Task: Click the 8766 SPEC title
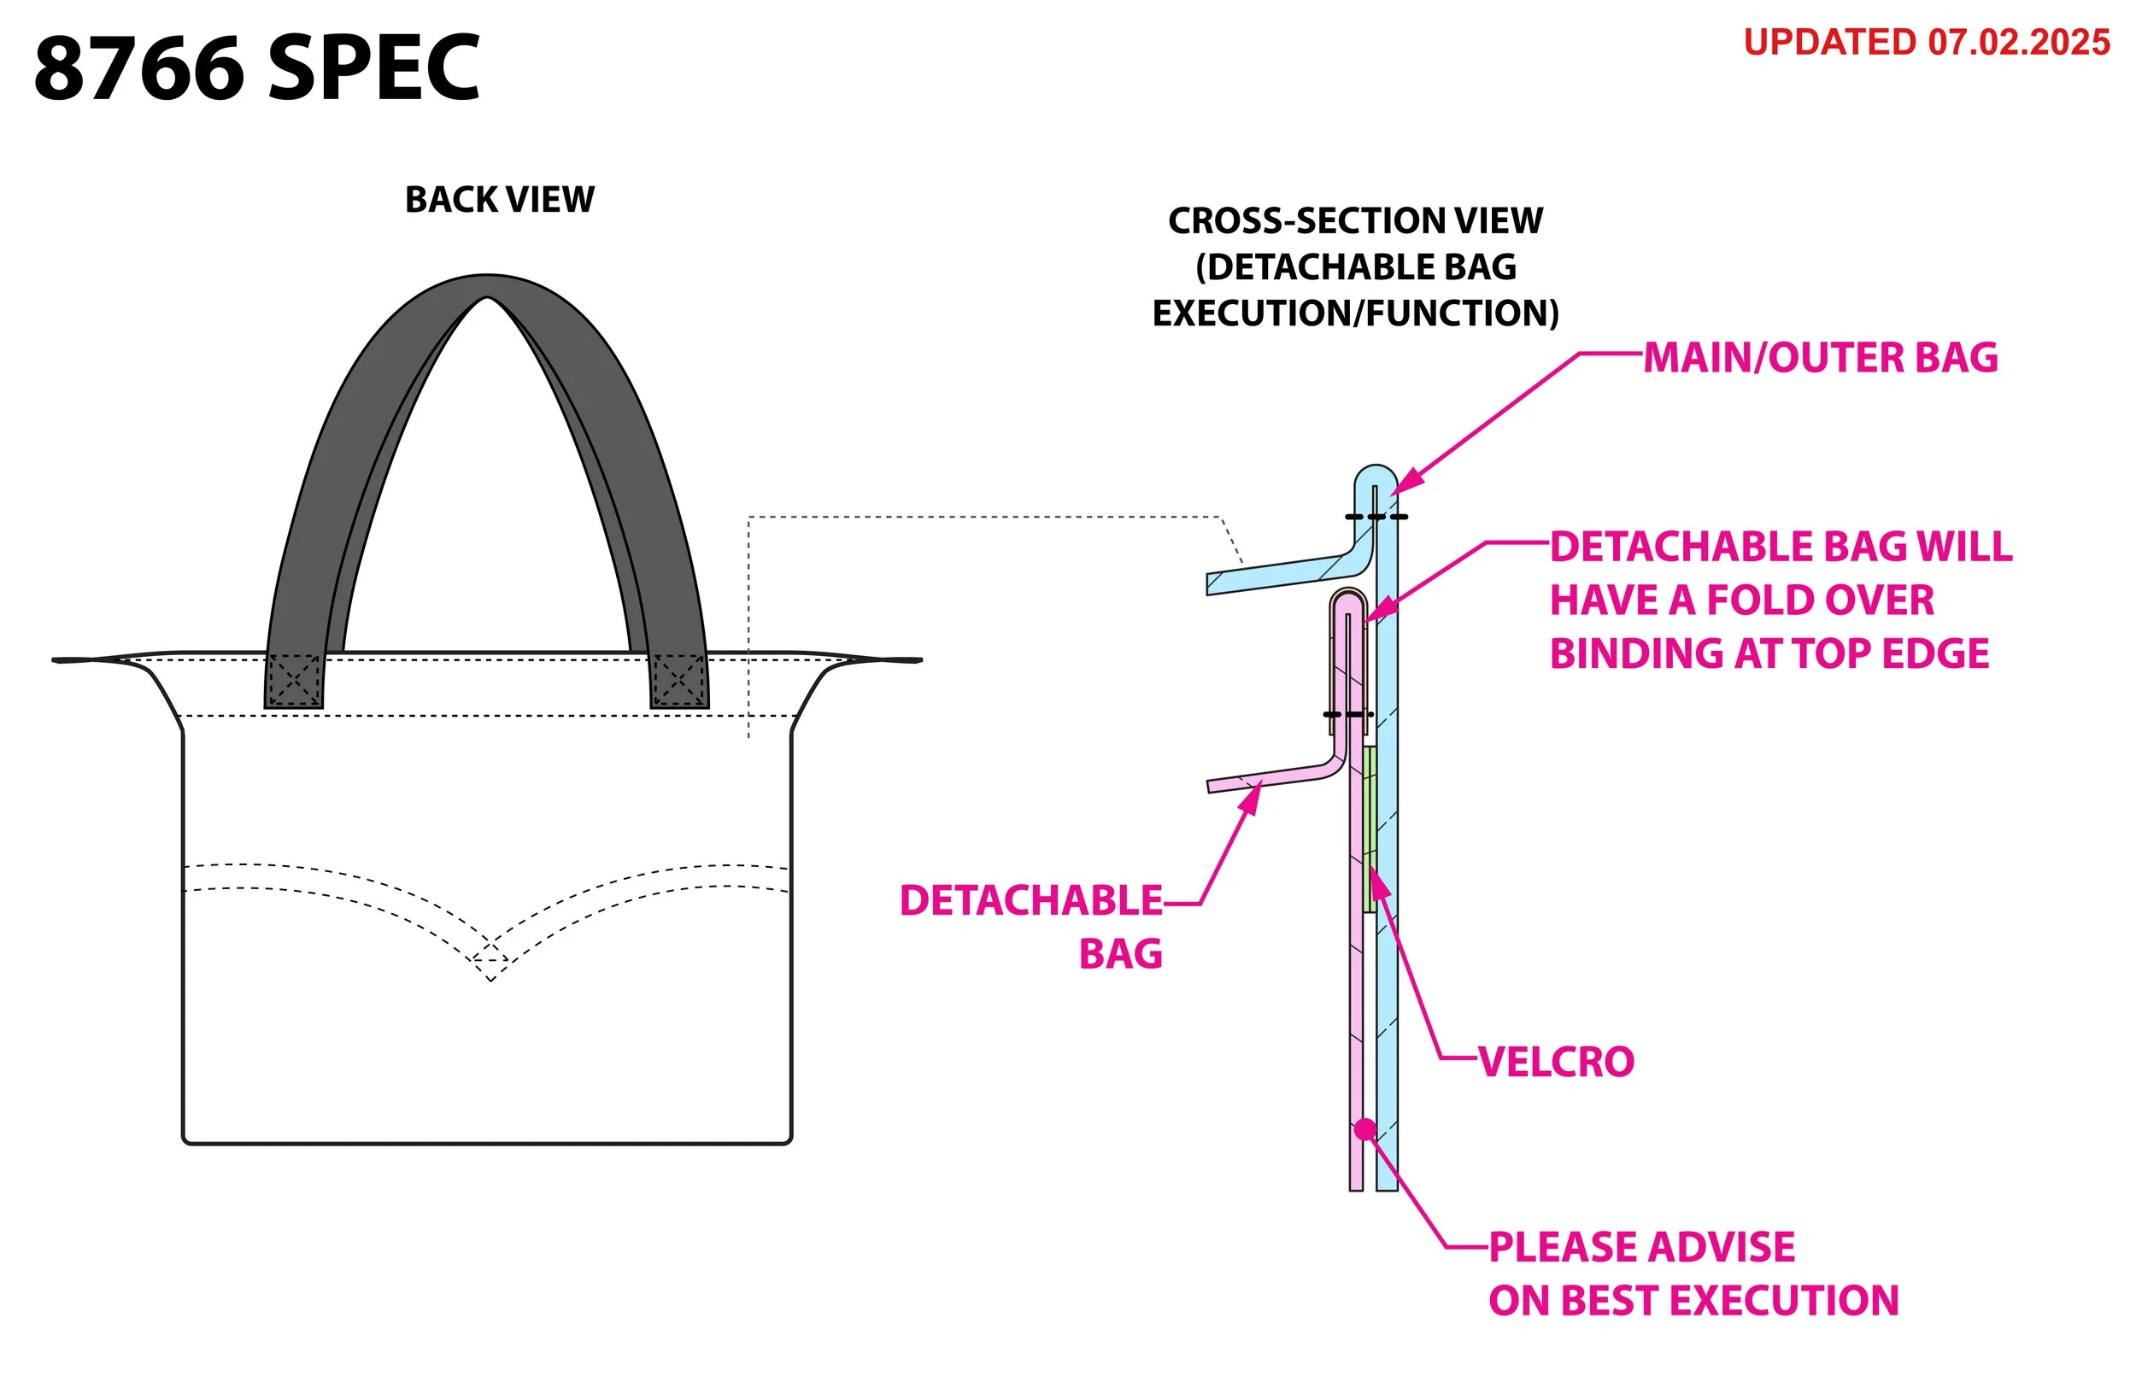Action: point(256,68)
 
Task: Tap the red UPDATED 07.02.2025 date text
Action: point(1926,43)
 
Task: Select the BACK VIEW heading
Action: point(499,199)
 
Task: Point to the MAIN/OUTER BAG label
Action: point(1820,357)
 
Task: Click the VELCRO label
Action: point(1556,1063)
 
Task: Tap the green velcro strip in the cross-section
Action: point(1370,829)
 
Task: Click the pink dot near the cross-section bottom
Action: point(1365,1129)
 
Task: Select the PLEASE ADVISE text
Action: point(1641,1247)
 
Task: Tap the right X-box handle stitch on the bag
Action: point(678,680)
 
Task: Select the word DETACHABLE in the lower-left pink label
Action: point(1030,901)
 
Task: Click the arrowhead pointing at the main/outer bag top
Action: point(1401,483)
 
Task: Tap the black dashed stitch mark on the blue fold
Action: point(1375,517)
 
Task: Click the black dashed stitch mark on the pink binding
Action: point(1347,714)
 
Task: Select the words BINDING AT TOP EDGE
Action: point(1769,653)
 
